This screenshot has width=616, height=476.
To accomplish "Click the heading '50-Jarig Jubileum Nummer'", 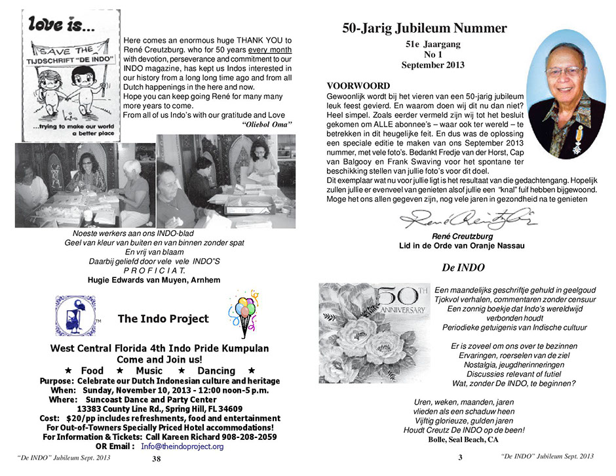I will click(x=424, y=28).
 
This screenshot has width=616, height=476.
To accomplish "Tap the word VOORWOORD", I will click(x=358, y=86).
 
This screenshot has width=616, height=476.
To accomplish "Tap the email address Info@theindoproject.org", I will click(x=182, y=446).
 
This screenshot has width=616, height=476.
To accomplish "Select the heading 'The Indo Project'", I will click(x=163, y=319).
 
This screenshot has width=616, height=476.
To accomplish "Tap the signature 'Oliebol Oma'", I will click(x=267, y=124).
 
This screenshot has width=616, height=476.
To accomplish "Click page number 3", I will click(x=460, y=457).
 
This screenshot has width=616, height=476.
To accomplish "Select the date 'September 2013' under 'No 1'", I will click(x=433, y=65).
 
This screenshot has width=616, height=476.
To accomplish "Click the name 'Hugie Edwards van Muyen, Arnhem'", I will click(x=154, y=279).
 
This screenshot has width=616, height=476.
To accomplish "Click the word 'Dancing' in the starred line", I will click(x=216, y=371).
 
